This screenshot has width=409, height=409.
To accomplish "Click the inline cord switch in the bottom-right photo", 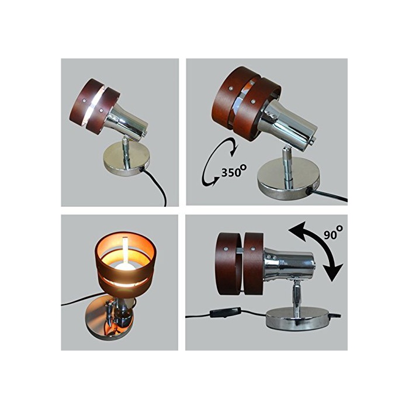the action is coord(225,312).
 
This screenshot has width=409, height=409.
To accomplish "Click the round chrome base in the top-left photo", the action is coord(127,160).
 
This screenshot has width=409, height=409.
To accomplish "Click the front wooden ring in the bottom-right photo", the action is coord(227,264).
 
